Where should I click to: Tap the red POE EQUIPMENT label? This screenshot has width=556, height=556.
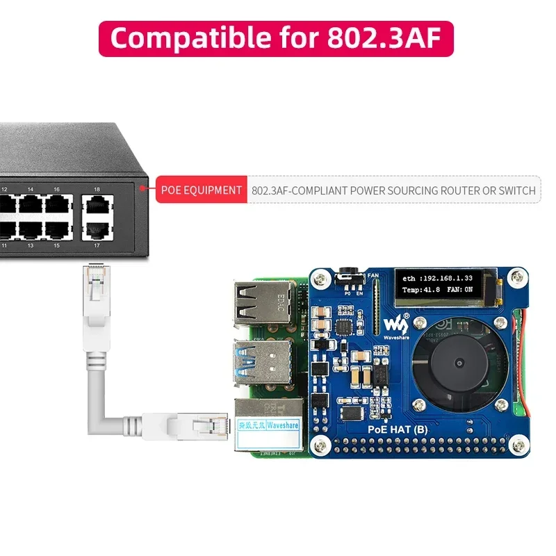point(202,190)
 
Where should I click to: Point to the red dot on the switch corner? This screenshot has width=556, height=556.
point(142,187)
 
